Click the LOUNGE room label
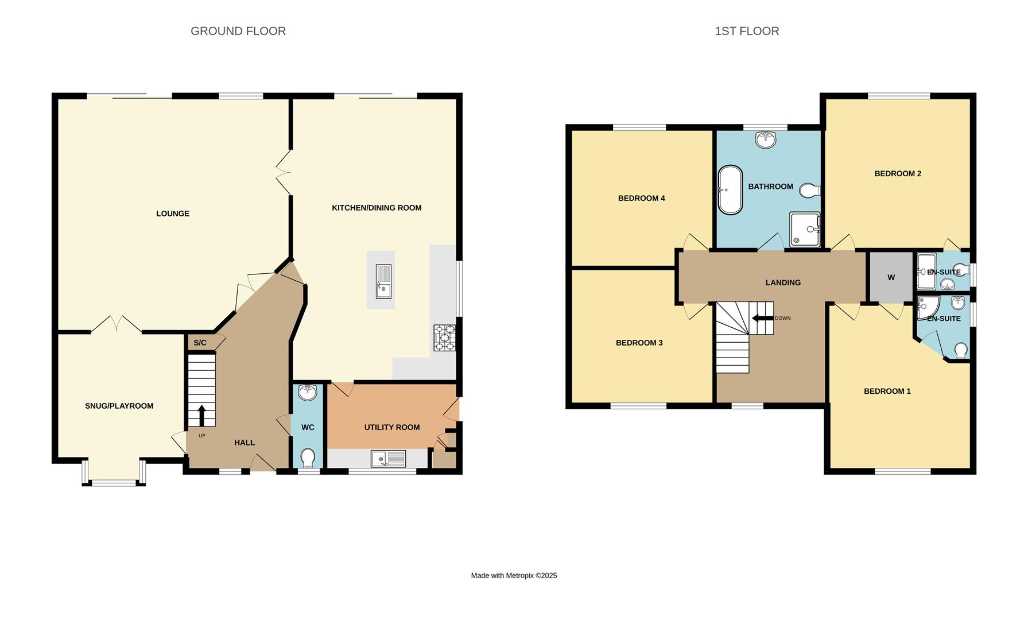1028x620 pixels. (x=172, y=214)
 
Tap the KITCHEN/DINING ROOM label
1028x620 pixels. (x=377, y=208)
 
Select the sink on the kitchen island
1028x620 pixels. (x=383, y=281)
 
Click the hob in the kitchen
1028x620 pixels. (x=444, y=338)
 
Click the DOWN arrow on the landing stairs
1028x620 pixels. (x=762, y=318)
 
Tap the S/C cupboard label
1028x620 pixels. (x=200, y=343)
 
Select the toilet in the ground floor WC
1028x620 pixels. (x=308, y=458)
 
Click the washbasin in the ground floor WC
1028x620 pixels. (x=308, y=393)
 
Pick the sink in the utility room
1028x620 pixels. (x=388, y=459)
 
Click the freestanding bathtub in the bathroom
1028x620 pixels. (x=730, y=190)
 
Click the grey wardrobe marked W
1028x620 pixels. (x=891, y=277)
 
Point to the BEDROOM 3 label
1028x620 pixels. (x=639, y=343)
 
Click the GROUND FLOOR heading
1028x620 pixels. (x=238, y=31)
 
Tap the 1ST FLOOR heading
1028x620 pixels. (x=746, y=31)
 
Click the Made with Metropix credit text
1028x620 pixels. (x=514, y=575)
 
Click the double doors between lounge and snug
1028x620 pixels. (x=117, y=325)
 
